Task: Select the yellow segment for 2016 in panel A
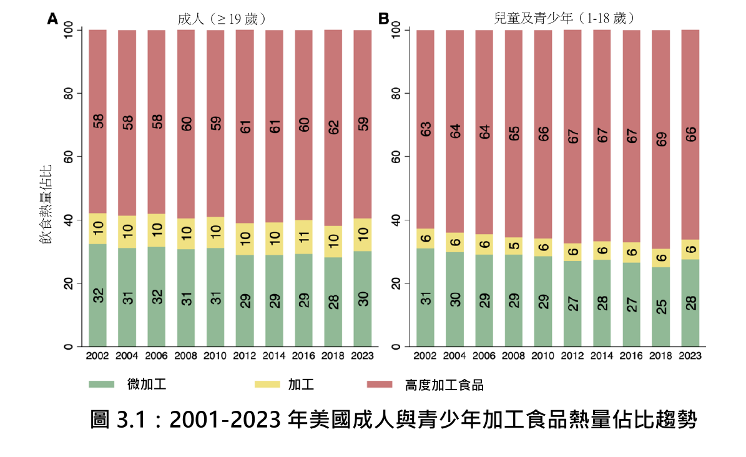click(303, 237)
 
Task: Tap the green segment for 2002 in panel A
click(97, 295)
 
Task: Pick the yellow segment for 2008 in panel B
click(514, 246)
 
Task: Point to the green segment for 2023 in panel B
click(690, 303)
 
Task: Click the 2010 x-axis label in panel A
click(215, 356)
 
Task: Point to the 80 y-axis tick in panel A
click(68, 94)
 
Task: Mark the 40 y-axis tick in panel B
click(396, 220)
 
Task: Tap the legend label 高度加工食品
click(444, 385)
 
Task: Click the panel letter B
click(384, 19)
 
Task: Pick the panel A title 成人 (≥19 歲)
click(222, 19)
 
